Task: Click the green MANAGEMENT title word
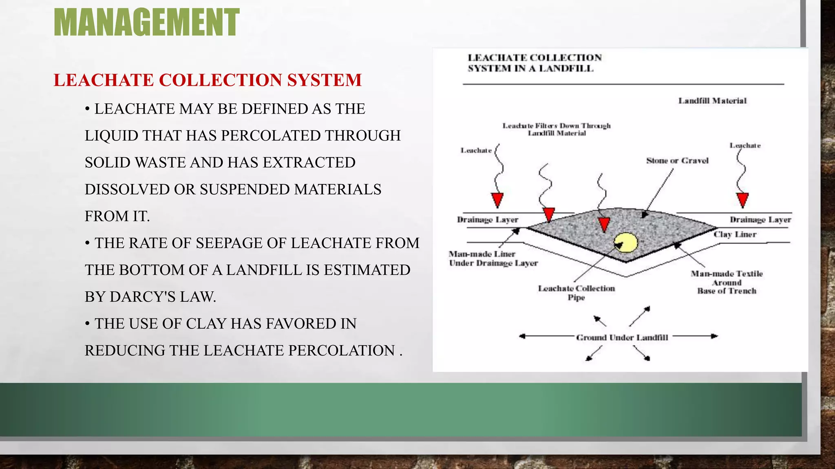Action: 146,22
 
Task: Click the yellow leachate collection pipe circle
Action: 626,243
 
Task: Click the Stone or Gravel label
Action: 677,161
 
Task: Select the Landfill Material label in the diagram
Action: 712,101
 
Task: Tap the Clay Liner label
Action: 735,234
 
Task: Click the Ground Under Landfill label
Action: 622,338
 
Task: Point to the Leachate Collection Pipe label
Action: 577,293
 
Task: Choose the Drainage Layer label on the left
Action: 488,220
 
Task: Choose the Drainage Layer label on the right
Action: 760,220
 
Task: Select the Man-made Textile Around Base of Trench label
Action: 727,282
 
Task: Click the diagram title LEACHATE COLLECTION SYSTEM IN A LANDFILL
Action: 534,63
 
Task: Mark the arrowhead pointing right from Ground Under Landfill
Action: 714,336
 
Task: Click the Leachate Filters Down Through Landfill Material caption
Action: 557,129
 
